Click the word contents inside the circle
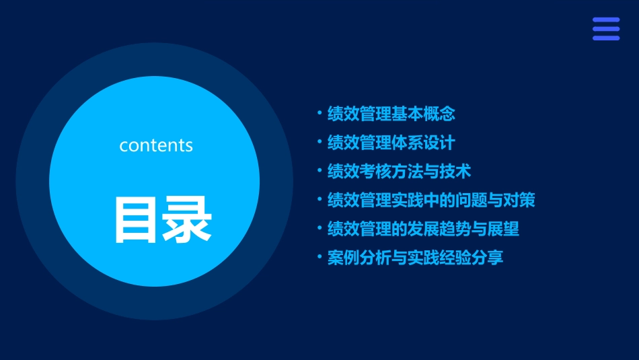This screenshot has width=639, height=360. pyautogui.click(x=156, y=145)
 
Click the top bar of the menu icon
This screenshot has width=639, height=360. pyautogui.click(x=605, y=20)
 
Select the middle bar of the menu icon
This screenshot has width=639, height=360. pyautogui.click(x=605, y=29)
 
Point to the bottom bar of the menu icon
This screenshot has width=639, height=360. pyautogui.click(x=605, y=38)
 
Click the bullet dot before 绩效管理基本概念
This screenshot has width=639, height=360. pyautogui.click(x=319, y=114)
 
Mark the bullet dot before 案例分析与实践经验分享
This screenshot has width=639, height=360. pyautogui.click(x=319, y=257)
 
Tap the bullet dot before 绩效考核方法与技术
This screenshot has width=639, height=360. pyautogui.click(x=319, y=171)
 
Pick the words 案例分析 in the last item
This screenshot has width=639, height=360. pyautogui.click(x=359, y=258)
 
